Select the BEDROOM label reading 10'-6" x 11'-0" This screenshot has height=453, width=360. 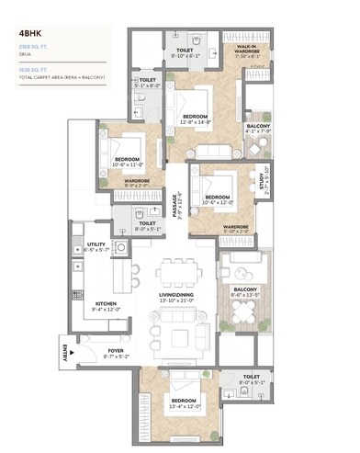point(127,161)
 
